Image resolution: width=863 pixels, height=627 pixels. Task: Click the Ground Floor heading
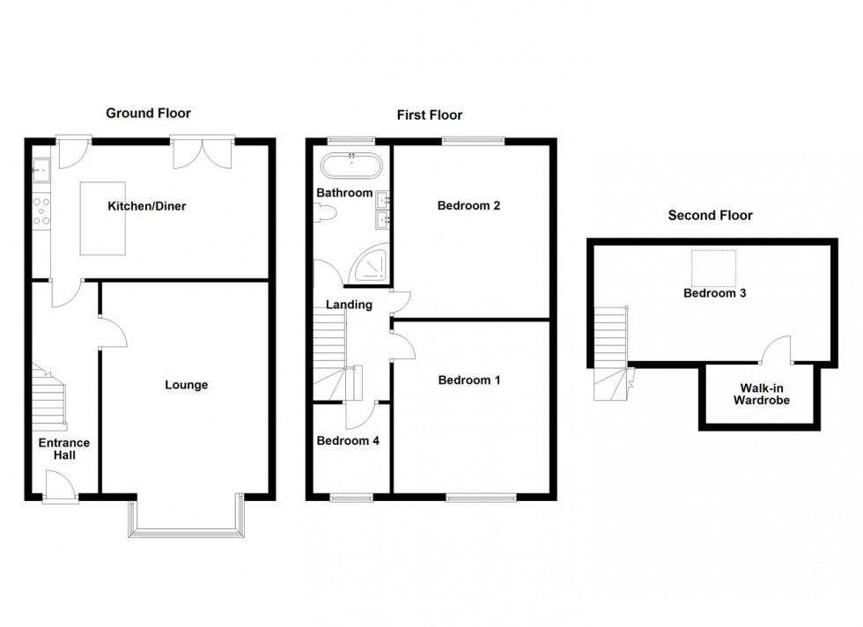coord(148,113)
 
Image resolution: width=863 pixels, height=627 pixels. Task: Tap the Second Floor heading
coord(710,215)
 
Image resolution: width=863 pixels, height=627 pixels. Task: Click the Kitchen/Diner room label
coord(146,206)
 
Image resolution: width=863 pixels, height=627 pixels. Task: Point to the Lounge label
coord(186,385)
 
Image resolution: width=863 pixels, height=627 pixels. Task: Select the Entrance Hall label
coord(63,448)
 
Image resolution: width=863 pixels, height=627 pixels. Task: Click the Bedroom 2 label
coord(468,206)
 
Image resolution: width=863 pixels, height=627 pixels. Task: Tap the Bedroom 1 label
coord(469,380)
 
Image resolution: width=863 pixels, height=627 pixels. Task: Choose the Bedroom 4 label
coord(348,440)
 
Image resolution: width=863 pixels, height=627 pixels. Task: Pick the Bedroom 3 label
coord(715,293)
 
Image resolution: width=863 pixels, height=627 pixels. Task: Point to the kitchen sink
coord(41,167)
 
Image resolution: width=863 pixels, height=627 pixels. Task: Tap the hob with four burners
coord(41,210)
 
